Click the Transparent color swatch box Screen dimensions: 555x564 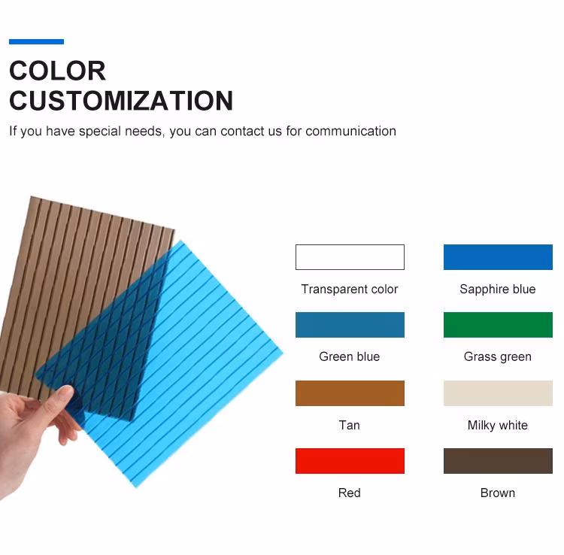[x=350, y=257]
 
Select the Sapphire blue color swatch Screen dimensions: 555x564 [x=498, y=257]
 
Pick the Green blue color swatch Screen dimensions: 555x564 [x=350, y=325]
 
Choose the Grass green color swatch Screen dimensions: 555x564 [x=498, y=325]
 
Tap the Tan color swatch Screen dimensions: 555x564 [x=350, y=393]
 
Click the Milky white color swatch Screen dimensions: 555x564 [x=498, y=393]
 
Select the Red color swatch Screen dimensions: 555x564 [x=350, y=461]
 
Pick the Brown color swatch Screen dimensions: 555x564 [x=498, y=461]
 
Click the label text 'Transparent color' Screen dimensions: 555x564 [x=350, y=290]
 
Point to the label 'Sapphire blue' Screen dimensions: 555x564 [x=498, y=290]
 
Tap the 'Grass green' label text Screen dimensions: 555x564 [x=498, y=357]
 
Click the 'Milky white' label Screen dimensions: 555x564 [x=498, y=426]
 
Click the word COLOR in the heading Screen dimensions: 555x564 [x=57, y=71]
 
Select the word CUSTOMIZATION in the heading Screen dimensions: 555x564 [x=121, y=101]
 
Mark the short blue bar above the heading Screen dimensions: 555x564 [x=36, y=42]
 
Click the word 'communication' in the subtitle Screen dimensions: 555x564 [x=350, y=132]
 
